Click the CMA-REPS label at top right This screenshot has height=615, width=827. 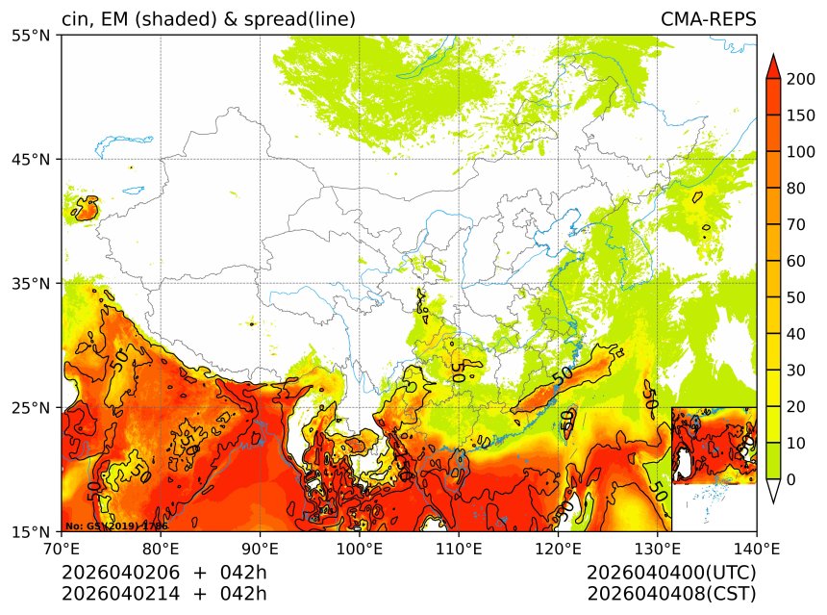(708, 19)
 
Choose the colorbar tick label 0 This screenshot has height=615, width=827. (789, 479)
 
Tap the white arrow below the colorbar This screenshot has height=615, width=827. (772, 492)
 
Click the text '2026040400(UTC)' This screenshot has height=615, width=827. (671, 573)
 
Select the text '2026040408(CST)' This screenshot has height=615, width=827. (671, 593)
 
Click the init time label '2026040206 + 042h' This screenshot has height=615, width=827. (163, 573)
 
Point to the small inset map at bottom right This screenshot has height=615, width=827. (714, 469)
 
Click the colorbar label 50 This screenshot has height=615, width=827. (794, 297)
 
